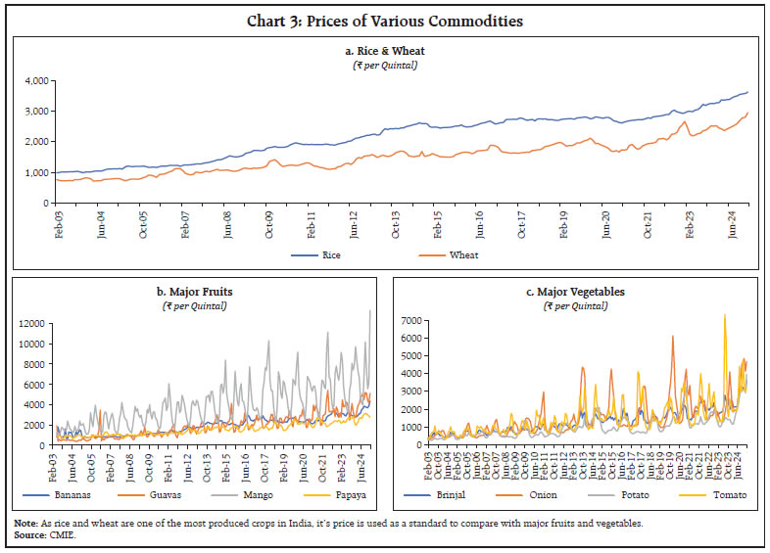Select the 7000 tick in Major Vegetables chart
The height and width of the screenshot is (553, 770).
tap(413, 320)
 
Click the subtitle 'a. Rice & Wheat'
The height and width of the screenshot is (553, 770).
tap(384, 51)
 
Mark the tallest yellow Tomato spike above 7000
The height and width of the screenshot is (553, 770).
tap(724, 316)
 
